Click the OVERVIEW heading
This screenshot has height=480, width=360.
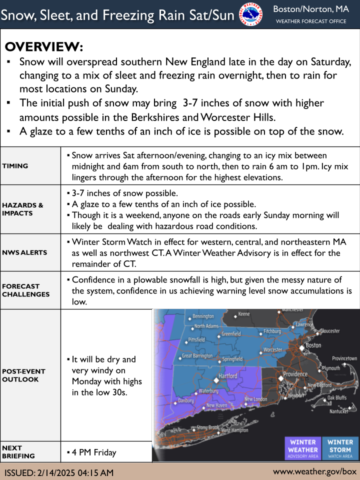tap(44, 47)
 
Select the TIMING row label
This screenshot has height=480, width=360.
tap(15, 166)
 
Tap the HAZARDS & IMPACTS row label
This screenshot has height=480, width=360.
tap(22, 209)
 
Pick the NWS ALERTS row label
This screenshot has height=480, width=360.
tap(24, 252)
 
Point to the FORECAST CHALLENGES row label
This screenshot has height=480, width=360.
tap(25, 290)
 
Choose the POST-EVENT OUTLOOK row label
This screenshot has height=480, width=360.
tap(23, 375)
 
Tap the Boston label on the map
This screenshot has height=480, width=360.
tap(313, 345)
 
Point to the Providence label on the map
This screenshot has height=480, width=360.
tap(295, 374)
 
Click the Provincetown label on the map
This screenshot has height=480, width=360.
tap(344, 358)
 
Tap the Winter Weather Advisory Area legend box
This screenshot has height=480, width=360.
tap(303, 448)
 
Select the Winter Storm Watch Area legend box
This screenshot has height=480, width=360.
tap(340, 448)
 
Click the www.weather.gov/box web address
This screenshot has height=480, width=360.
tap(314, 471)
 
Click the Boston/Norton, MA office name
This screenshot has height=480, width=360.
tap(310, 9)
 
